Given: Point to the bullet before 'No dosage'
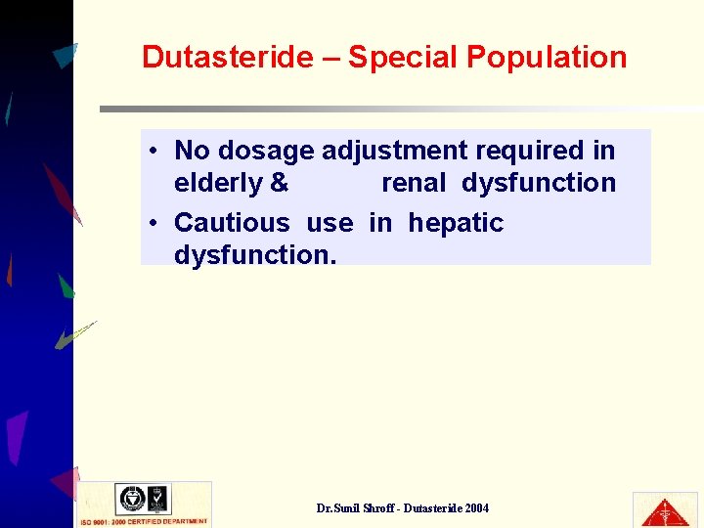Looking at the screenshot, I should tap(154, 151).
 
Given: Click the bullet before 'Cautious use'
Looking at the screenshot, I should tap(154, 223).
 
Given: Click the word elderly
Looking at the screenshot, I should tap(218, 183).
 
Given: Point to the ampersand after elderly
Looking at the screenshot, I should tap(280, 183).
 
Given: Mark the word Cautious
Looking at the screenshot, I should tap(232, 223).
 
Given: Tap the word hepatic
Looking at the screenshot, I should tap(456, 223).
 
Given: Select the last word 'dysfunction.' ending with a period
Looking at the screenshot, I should tap(255, 255).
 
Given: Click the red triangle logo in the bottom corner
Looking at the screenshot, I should tap(665, 509).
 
